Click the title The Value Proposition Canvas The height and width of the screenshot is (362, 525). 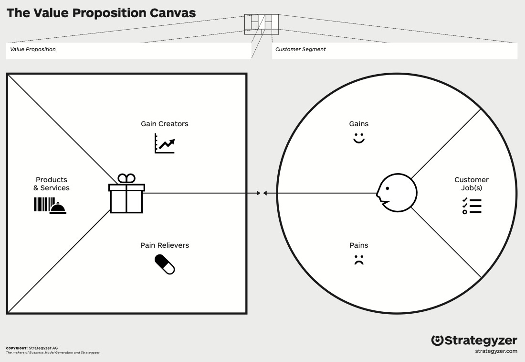click(x=101, y=13)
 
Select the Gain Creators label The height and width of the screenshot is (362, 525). click(x=165, y=124)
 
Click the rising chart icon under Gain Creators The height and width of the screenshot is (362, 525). click(x=165, y=143)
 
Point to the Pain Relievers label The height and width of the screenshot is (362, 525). click(x=165, y=245)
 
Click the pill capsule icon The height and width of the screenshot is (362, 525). click(x=165, y=264)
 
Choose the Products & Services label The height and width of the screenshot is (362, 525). click(x=52, y=184)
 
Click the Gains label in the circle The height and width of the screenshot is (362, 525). click(x=359, y=124)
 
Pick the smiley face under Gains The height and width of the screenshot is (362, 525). click(x=359, y=139)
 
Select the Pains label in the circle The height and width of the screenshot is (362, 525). click(x=359, y=245)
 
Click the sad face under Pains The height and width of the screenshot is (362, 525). click(x=359, y=261)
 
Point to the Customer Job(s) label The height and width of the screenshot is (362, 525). click(x=472, y=184)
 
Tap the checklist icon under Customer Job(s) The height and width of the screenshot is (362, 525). click(x=472, y=206)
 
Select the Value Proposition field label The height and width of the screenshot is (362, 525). click(x=33, y=49)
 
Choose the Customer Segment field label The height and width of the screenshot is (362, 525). click(x=301, y=49)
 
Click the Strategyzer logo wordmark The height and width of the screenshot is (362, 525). click(x=474, y=340)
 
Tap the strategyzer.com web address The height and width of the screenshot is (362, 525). click(x=496, y=351)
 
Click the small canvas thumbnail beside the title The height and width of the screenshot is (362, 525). click(x=262, y=24)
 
